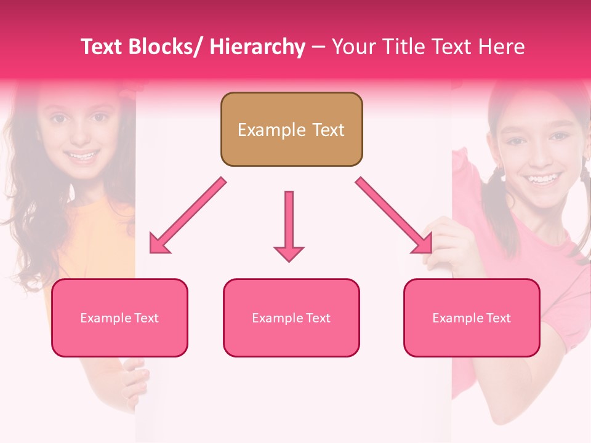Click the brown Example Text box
291,129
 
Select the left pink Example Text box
119,317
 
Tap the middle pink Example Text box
291,317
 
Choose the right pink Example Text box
472,317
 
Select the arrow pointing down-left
188,215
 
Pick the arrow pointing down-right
394,215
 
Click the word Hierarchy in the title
257,47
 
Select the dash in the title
318,48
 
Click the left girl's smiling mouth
81,155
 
